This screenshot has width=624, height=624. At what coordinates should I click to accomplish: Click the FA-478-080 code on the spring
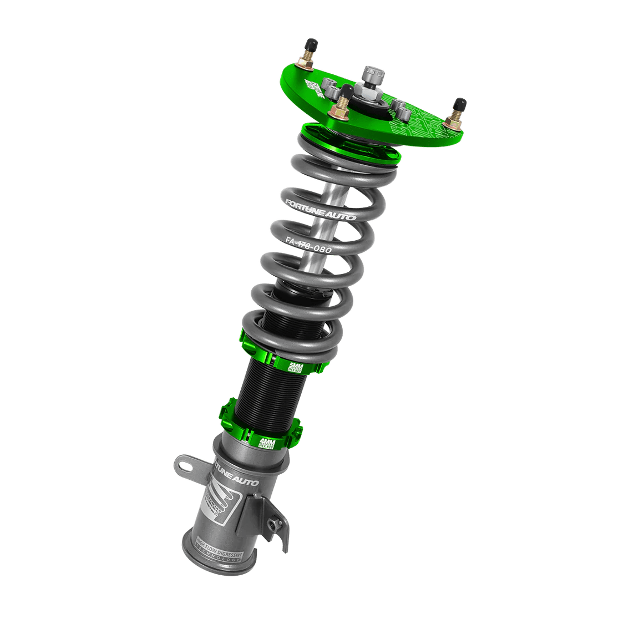point(309,246)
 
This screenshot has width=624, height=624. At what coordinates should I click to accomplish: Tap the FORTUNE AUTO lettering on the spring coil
point(319,209)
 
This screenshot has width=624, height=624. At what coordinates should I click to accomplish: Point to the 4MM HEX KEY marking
point(268,443)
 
